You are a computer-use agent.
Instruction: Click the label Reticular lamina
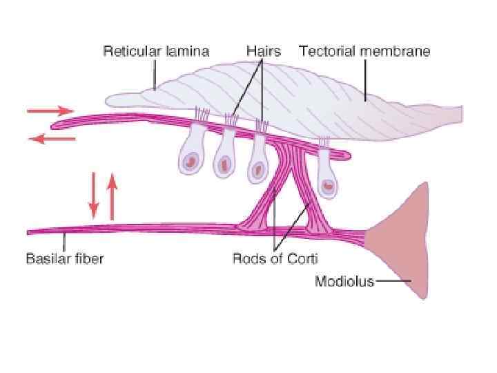156,51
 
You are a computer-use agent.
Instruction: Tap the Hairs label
263,51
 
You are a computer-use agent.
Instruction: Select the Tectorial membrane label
364,51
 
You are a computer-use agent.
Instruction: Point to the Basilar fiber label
65,260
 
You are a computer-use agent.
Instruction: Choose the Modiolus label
344,281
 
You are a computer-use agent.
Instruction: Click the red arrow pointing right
50,111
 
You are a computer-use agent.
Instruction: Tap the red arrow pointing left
52,139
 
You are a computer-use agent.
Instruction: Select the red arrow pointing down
94,195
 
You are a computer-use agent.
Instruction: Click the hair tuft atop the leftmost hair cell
202,113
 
